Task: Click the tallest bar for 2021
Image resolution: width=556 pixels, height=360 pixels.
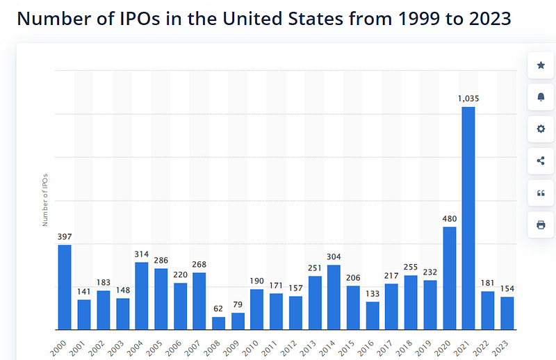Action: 468,218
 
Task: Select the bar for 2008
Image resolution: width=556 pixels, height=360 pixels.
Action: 218,323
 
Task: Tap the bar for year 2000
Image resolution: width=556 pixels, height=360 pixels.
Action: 65,287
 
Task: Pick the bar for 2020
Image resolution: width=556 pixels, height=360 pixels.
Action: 450,278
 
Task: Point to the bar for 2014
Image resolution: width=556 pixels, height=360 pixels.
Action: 334,297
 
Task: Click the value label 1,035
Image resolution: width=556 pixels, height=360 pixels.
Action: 468,99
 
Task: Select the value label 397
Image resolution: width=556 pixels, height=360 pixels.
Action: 65,237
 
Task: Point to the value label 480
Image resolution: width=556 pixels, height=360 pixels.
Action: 450,219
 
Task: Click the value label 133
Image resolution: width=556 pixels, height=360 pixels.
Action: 373,294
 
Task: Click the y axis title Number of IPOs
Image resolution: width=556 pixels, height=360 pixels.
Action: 45,200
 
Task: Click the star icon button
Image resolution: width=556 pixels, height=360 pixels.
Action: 541,65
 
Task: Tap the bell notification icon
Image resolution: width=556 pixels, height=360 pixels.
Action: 541,97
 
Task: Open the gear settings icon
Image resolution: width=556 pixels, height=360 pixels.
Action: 541,129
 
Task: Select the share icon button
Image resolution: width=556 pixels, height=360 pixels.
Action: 541,161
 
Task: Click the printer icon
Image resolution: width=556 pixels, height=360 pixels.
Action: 541,224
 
